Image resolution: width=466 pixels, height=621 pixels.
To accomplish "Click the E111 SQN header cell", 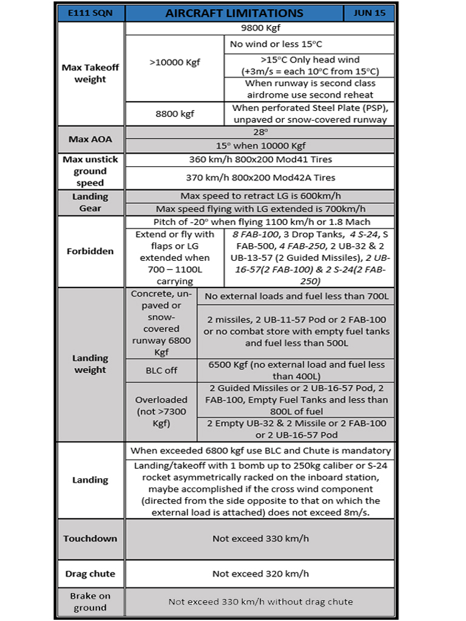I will click(x=90, y=13).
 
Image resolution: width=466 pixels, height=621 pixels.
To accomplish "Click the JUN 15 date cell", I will click(x=369, y=13).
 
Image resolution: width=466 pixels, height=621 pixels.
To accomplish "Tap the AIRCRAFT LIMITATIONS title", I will click(x=234, y=13).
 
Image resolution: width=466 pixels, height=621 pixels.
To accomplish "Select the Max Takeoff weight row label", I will click(x=90, y=73).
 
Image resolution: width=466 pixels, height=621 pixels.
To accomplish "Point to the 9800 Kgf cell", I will click(x=260, y=29).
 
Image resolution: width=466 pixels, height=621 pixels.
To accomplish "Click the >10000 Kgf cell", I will click(x=174, y=63).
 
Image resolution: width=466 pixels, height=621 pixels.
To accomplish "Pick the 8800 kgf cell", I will click(x=174, y=113).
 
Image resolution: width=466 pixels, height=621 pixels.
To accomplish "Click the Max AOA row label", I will click(x=90, y=139).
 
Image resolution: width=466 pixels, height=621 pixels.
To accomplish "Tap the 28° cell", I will click(x=260, y=132).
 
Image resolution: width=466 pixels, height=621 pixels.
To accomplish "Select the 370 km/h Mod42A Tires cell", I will click(x=260, y=178).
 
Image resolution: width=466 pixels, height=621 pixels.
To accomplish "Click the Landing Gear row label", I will click(x=90, y=203).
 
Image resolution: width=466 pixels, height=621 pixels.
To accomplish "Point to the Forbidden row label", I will click(x=90, y=251).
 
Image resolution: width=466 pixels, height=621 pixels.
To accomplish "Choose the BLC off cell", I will click(x=161, y=370).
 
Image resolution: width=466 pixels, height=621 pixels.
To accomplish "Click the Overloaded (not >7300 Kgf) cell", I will click(x=161, y=412).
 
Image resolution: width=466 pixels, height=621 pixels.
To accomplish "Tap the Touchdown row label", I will click(x=90, y=539).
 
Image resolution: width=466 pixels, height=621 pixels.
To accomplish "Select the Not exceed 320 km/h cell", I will click(x=260, y=574).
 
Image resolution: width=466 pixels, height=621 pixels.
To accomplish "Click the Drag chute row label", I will click(x=90, y=574).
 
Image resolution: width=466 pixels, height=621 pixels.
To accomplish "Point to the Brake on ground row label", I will click(x=90, y=602).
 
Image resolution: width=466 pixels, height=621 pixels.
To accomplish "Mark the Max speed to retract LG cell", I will click(x=260, y=196).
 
